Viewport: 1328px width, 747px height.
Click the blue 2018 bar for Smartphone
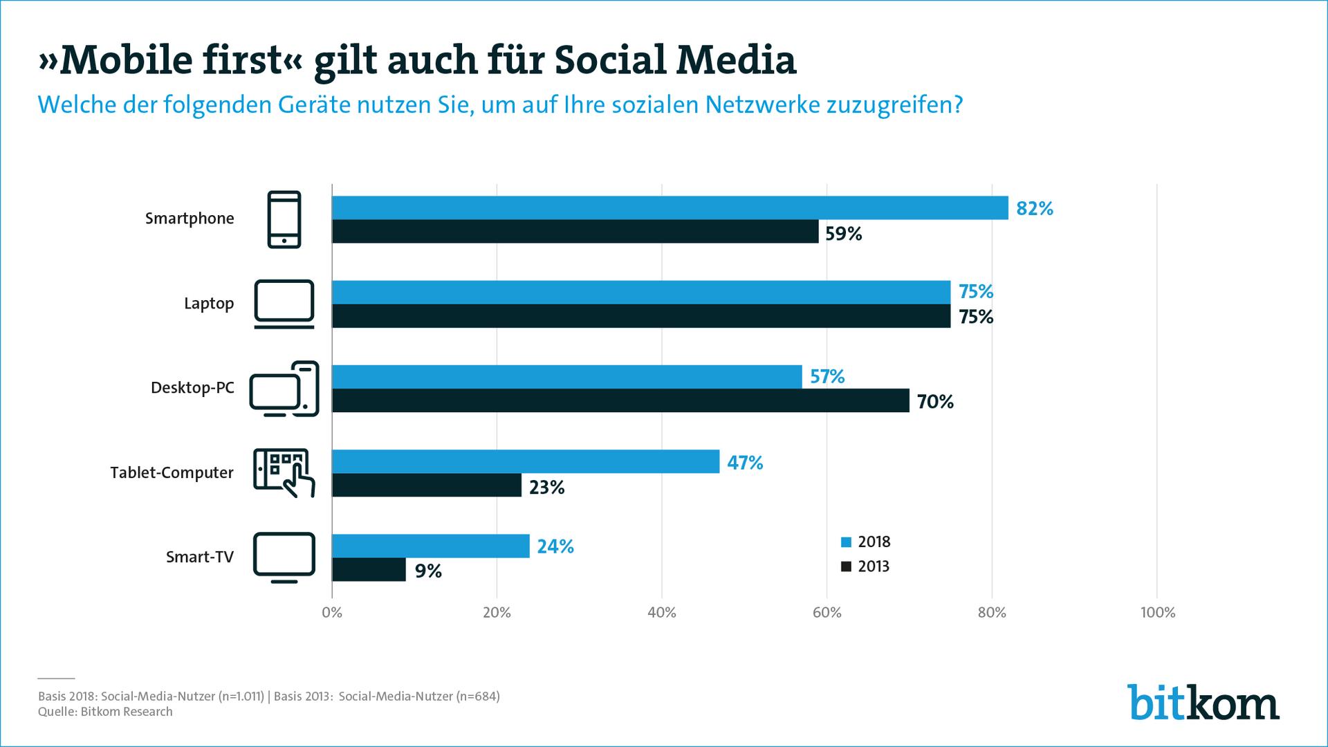tap(670, 208)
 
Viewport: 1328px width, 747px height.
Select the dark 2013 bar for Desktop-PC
tap(620, 400)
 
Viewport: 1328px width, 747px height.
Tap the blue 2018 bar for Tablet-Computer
tap(526, 461)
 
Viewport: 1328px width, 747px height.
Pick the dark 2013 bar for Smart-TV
tap(369, 569)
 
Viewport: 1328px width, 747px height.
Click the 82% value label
tap(1034, 209)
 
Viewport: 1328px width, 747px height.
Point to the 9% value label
tap(428, 571)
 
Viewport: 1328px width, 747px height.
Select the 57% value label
tap(827, 377)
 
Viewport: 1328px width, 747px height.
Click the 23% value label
tap(546, 488)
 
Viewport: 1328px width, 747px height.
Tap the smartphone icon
tap(284, 219)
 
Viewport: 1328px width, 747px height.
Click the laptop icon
tap(284, 304)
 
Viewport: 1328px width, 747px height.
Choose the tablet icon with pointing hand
tap(284, 472)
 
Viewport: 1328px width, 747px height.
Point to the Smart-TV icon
tap(284, 557)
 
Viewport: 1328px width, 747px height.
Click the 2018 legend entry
tap(865, 542)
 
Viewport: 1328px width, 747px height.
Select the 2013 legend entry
tap(865, 566)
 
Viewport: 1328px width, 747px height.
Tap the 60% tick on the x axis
tap(827, 613)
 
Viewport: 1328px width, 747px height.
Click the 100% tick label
tap(1157, 613)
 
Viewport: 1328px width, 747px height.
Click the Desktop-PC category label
tap(192, 388)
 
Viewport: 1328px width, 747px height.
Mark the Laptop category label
tap(209, 304)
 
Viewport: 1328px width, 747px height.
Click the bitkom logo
tap(1203, 703)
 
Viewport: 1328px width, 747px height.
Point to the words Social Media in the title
tap(675, 60)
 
